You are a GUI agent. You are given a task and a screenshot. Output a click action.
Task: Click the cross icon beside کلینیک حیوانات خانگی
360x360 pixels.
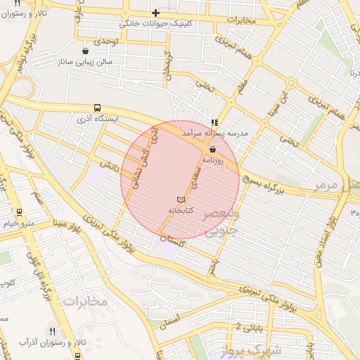tap(156, 13)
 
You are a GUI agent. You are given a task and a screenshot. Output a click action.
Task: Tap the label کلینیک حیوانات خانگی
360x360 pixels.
tap(156, 23)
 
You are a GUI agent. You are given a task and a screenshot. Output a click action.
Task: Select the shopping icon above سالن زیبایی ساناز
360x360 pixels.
tap(86, 51)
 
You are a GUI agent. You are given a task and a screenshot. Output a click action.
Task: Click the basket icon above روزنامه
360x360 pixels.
tap(212, 149)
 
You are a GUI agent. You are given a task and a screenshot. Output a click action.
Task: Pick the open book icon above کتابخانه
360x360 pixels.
tap(181, 200)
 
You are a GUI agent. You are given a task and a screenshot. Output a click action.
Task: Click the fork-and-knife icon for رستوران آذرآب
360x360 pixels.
tap(52, 330)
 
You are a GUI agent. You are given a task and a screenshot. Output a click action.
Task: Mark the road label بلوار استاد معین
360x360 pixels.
tap(330, 232)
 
